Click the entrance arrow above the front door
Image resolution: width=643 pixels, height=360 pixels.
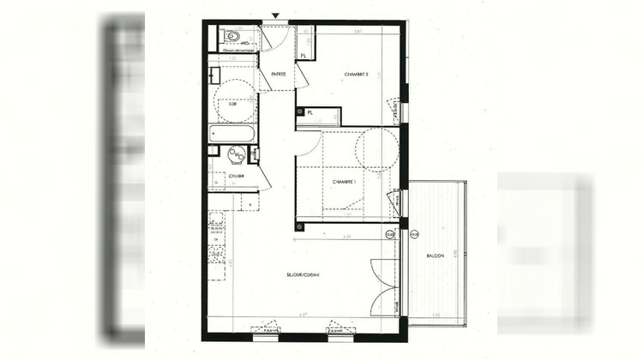[275, 15]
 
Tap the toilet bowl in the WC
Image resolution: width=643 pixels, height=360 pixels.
[230, 37]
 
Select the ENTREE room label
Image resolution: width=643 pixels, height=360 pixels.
[278, 75]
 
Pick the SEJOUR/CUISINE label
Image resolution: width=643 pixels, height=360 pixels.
[303, 275]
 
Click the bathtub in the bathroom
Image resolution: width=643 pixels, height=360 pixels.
[232, 134]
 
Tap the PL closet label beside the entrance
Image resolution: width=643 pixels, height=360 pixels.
[303, 56]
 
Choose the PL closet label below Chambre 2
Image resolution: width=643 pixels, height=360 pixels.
[309, 111]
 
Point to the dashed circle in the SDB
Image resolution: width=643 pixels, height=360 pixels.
[234, 101]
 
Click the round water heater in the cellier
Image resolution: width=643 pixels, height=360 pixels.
[236, 154]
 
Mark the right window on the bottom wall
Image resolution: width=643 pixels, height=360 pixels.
[341, 329]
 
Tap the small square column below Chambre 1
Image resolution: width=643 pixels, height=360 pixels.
[299, 226]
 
